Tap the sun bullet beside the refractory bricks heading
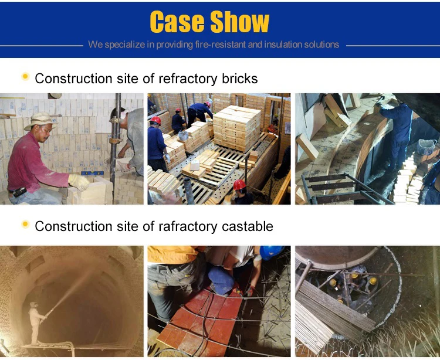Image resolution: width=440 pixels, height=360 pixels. pyautogui.click(x=25, y=77)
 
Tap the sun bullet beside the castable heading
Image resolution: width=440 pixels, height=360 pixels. pyautogui.click(x=25, y=224)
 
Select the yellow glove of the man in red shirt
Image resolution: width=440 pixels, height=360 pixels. pyautogui.click(x=79, y=181)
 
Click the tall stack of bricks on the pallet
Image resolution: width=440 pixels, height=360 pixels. pyautogui.click(x=236, y=127)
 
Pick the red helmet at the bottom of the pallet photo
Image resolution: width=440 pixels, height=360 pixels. pyautogui.click(x=239, y=185)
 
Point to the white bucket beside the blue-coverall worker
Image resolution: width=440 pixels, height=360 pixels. pyautogui.click(x=427, y=147)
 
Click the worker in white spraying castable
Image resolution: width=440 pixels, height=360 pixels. pyautogui.click(x=36, y=320)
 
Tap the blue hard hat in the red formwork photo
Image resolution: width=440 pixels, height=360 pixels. pyautogui.click(x=271, y=252)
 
